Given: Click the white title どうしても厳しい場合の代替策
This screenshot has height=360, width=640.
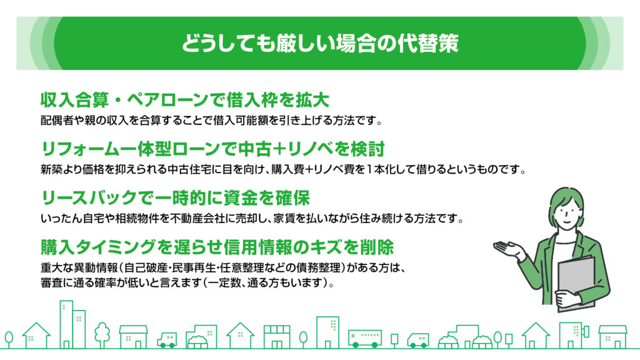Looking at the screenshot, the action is coord(320,43).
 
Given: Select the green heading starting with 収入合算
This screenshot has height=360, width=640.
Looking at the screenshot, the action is coord(185,100).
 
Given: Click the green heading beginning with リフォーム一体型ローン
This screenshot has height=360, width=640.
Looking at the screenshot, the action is coord(212,149).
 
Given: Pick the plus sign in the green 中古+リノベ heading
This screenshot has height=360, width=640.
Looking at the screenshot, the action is coord(279,149).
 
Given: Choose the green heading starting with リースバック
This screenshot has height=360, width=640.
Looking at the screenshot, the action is coord(176,198).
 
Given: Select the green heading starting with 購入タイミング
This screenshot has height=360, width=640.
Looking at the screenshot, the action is coord(217,247).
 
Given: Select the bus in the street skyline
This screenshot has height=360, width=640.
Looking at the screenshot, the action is coord(364,338).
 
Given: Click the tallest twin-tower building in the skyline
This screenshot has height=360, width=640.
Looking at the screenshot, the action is coord(72,325).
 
